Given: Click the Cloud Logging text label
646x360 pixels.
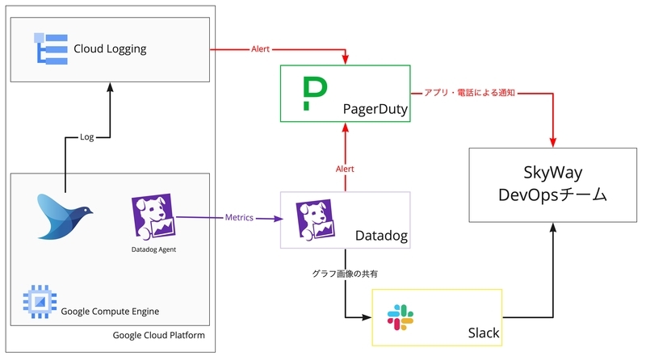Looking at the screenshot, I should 110,49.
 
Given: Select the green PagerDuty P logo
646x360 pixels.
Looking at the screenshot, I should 309,94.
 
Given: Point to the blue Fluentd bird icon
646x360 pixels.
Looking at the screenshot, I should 65,215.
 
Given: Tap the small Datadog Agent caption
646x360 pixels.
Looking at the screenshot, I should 153,249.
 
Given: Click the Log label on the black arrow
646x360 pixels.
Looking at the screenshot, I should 87,137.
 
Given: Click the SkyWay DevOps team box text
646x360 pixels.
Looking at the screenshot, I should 552,185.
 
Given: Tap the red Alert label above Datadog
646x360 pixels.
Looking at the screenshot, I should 346,169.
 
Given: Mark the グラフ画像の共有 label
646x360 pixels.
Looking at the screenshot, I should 346,274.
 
